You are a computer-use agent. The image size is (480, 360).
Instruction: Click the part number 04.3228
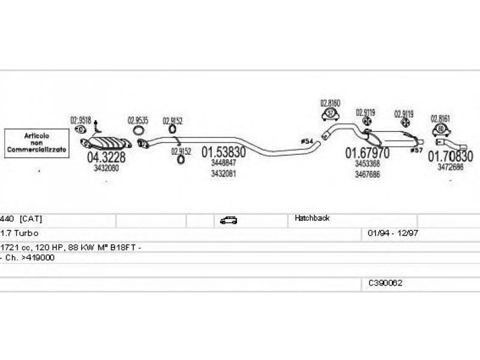[106, 158]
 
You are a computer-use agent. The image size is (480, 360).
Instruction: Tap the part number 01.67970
[367, 153]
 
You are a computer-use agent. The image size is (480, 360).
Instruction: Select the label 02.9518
[80, 119]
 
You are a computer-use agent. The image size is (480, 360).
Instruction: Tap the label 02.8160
[330, 103]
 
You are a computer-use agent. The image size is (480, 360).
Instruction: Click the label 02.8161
[440, 119]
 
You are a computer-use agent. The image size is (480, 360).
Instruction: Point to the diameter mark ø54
[306, 141]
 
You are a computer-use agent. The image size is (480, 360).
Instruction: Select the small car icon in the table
[228, 220]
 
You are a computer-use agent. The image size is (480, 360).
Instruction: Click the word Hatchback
[311, 219]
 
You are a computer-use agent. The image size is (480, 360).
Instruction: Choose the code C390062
[385, 282]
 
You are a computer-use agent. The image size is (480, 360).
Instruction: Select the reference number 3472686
[450, 168]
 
